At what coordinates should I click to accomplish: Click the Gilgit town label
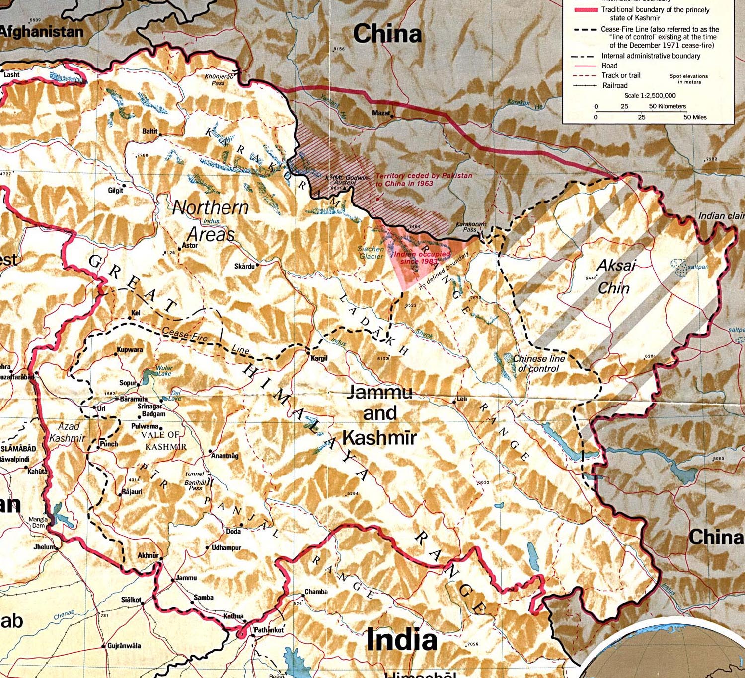[115, 191]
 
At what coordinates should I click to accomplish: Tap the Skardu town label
[244, 267]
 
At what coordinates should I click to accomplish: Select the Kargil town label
[319, 358]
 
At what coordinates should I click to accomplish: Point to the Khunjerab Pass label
[219, 80]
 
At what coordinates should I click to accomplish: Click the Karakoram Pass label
[471, 227]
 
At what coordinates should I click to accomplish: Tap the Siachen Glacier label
[371, 253]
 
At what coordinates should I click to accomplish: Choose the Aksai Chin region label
[615, 276]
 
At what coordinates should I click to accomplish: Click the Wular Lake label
[164, 371]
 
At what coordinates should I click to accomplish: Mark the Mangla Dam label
[38, 522]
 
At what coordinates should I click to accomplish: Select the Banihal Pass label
[195, 485]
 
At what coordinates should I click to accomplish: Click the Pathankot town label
[269, 630]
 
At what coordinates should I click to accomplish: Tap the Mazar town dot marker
[392, 116]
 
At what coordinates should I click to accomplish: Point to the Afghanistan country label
[42, 32]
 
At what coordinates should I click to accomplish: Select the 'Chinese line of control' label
[538, 363]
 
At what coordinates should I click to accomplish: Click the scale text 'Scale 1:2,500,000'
[650, 96]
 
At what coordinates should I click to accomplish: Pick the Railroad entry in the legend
[615, 85]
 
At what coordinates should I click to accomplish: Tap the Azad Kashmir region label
[68, 432]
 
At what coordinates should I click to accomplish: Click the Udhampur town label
[226, 548]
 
